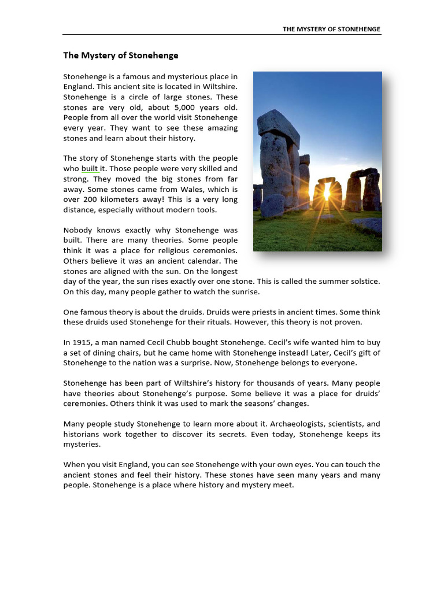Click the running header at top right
coord(331,29)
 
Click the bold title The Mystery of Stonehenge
coord(121,55)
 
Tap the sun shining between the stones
coord(326,193)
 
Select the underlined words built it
coord(93,168)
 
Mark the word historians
coord(82,435)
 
